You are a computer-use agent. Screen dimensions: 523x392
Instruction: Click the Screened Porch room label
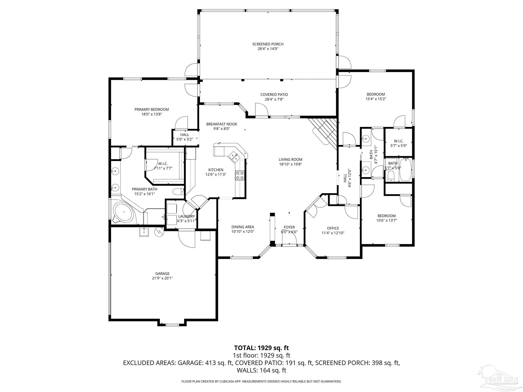[268, 44]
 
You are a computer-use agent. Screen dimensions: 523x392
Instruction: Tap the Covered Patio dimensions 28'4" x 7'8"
[274, 99]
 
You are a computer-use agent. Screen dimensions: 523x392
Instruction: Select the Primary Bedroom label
[152, 109]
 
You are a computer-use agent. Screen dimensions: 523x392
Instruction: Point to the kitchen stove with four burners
[240, 175]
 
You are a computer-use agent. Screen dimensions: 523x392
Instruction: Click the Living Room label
[291, 160]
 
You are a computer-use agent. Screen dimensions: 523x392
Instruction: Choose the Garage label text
[162, 274]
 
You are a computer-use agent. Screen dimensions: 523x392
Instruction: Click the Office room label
[333, 228]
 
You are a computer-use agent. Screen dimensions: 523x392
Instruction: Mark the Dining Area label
[243, 227]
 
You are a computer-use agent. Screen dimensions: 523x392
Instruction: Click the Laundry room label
[186, 216]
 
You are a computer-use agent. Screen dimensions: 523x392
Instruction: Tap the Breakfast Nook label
[222, 124]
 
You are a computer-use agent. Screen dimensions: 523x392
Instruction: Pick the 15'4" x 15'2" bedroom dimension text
[376, 99]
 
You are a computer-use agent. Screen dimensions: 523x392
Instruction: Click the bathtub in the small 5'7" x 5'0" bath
[406, 170]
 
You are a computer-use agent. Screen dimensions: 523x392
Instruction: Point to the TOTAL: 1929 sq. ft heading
[261, 348]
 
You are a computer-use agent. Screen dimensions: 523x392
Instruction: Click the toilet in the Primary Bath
[178, 191]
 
